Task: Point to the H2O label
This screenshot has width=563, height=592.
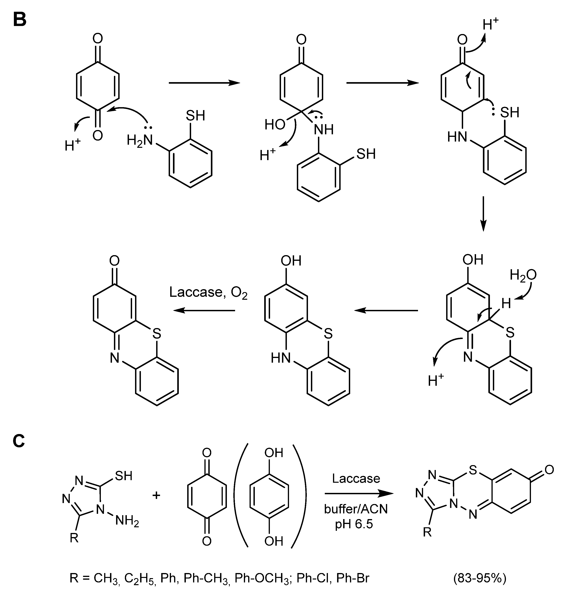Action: (523, 275)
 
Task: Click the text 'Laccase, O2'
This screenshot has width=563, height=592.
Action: (208, 292)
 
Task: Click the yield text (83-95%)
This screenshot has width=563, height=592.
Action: (480, 578)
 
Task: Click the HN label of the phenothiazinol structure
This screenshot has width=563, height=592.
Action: (281, 358)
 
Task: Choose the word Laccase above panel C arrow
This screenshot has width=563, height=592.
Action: (356, 478)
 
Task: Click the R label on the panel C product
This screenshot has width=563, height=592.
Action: (427, 532)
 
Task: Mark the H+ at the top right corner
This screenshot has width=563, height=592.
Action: (491, 24)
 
